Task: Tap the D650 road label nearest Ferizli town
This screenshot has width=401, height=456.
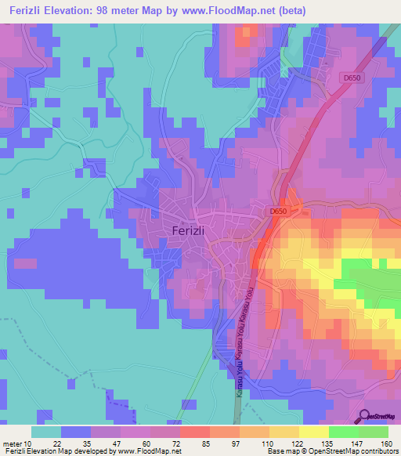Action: (280, 212)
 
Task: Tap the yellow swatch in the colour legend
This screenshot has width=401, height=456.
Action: (313, 432)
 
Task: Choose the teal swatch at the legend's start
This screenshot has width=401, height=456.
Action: (46, 432)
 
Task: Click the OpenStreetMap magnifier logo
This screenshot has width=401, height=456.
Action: (364, 416)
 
